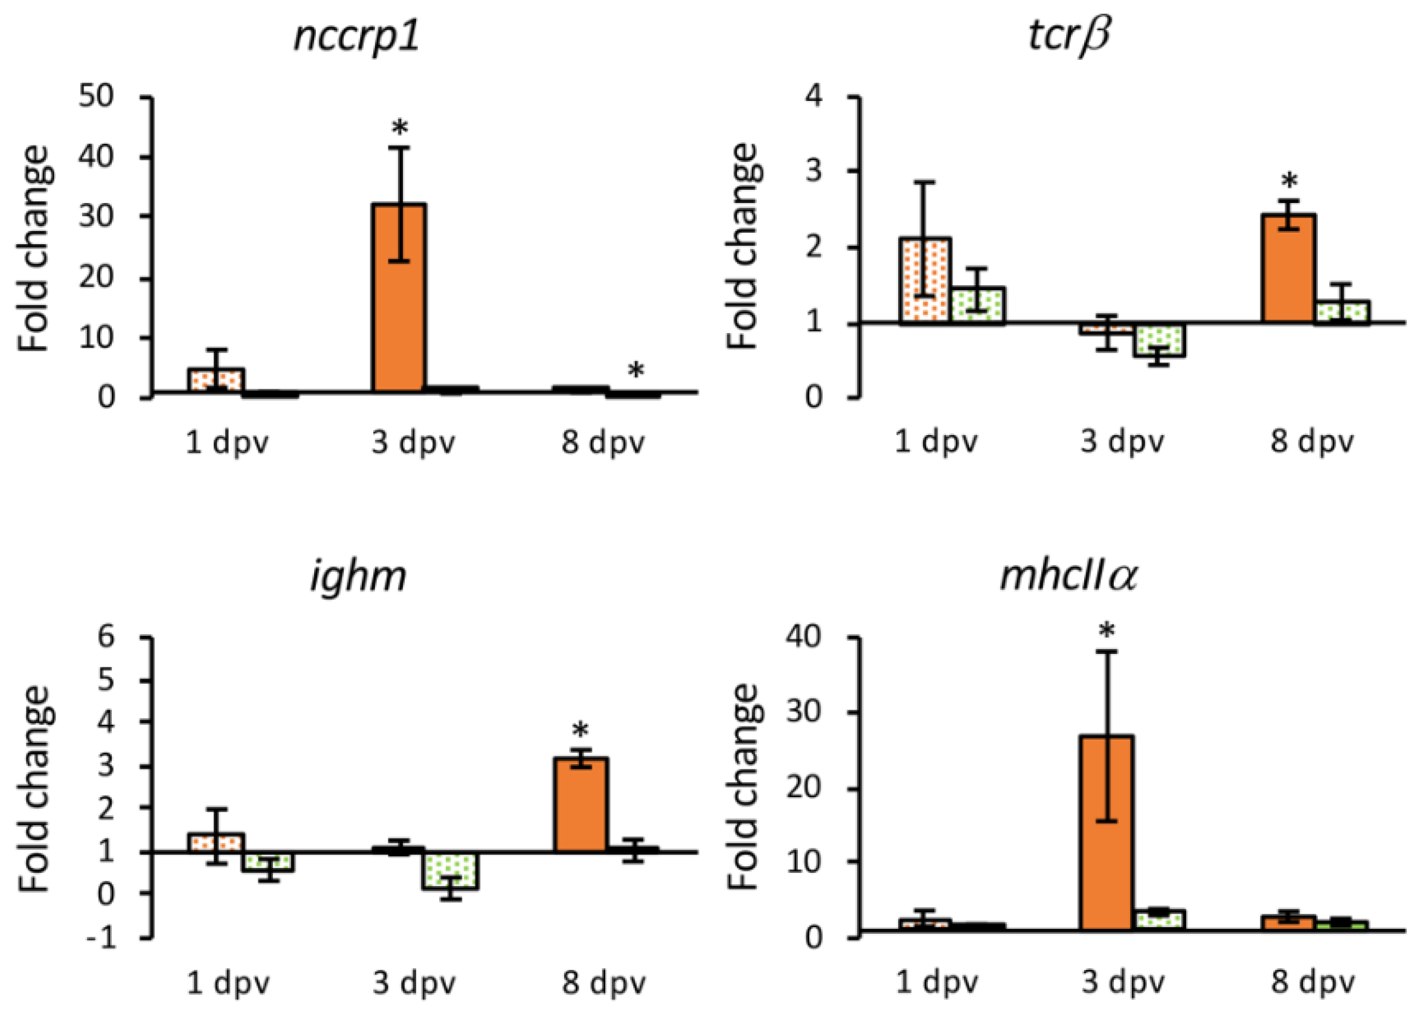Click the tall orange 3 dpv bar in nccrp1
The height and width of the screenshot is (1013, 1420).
tap(399, 297)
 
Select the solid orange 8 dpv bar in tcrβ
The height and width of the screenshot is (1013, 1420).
tap(1288, 269)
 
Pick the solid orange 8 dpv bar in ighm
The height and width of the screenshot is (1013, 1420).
tap(581, 804)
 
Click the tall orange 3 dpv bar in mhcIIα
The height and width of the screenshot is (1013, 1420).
tap(1107, 833)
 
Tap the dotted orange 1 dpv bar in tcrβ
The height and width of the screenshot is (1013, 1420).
tap(925, 280)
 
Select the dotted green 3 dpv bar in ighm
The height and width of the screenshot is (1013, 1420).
tap(451, 871)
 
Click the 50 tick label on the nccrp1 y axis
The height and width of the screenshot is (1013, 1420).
tap(97, 97)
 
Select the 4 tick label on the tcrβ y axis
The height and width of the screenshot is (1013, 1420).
tap(814, 97)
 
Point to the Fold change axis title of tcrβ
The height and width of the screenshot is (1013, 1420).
tap(743, 247)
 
